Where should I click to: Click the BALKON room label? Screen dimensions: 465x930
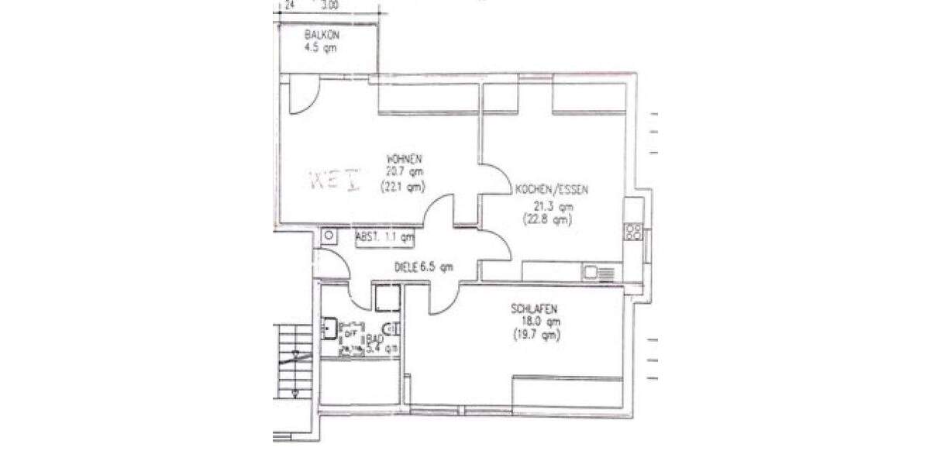coord(322,35)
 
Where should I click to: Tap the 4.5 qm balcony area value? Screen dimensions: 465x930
coord(322,47)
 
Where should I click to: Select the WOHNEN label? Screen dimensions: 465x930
coord(403,160)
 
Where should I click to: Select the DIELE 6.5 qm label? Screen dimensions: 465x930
coord(423,267)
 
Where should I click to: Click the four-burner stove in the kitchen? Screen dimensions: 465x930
coord(633,231)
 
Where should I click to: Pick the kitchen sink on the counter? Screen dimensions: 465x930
coord(601,272)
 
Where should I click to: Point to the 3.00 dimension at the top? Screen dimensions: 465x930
coord(329,5)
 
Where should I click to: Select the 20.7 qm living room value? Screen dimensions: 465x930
coord(403,173)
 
